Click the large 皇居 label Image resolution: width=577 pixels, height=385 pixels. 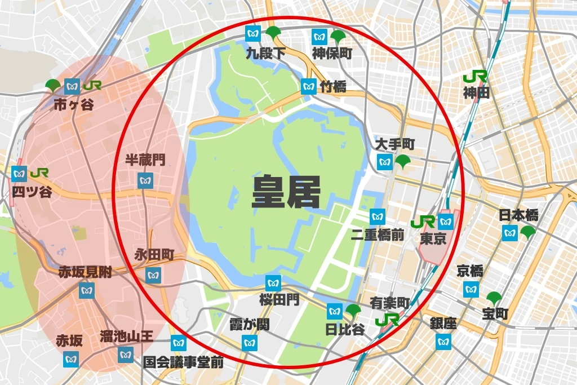tap(286, 192)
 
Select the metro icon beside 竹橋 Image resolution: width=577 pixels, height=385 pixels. tap(308, 86)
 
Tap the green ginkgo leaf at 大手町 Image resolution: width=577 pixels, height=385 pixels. tap(403, 162)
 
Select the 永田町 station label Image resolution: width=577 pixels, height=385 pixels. tap(153, 254)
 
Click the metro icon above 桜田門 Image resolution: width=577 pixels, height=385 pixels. tap(273, 282)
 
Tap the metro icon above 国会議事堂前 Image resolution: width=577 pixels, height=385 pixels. tap(178, 342)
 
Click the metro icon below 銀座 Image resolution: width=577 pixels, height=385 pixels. tap(443, 340)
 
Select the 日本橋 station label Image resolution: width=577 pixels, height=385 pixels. tap(519, 215)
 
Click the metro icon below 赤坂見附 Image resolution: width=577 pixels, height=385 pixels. tap(86, 291)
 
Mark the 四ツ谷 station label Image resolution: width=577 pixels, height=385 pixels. tap(32, 192)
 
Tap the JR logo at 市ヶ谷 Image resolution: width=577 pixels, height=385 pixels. tap(92, 86)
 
